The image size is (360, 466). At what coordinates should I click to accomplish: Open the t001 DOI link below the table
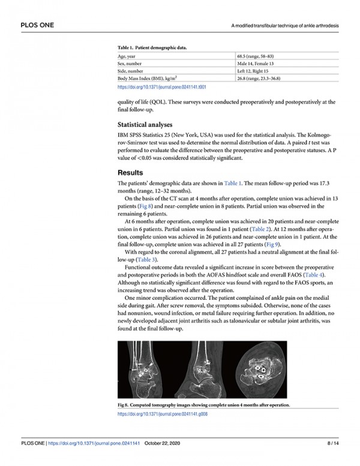pyautogui.click(x=162, y=87)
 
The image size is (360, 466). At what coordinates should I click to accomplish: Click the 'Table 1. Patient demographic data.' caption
pyautogui.click(x=155, y=46)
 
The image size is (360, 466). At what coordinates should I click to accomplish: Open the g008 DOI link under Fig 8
pyautogui.click(x=163, y=414)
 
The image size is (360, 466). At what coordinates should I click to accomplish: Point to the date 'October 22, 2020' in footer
pyautogui.click(x=162, y=443)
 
